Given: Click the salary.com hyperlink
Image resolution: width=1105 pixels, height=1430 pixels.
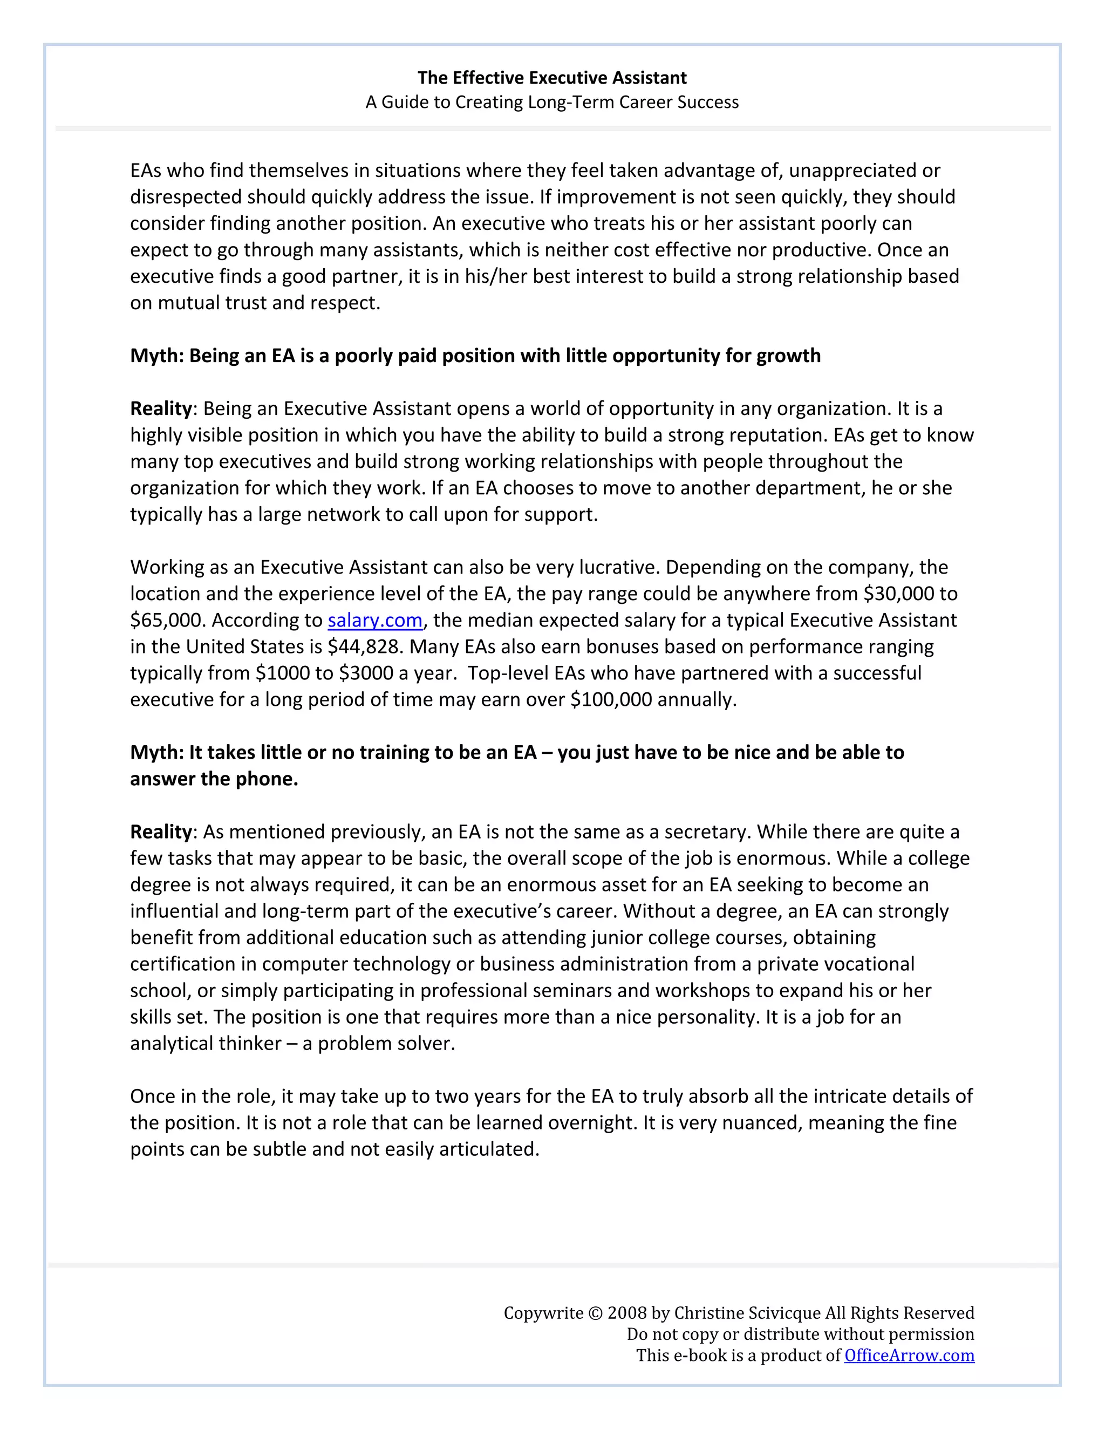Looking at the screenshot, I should [375, 620].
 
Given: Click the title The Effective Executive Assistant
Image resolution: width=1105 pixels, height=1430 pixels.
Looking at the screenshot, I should [552, 78].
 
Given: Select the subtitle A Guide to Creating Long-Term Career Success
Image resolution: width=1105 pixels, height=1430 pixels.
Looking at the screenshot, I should [552, 102].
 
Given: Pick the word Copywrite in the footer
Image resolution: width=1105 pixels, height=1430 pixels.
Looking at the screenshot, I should [543, 1313].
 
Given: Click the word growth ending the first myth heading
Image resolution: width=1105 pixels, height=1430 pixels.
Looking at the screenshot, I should [788, 356].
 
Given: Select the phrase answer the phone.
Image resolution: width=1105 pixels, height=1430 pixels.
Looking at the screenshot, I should [214, 779].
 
